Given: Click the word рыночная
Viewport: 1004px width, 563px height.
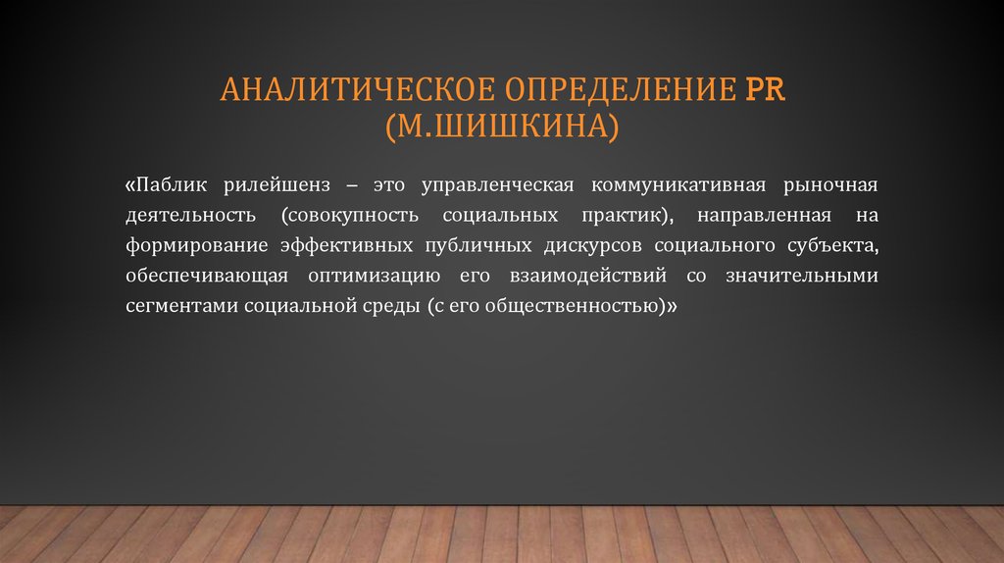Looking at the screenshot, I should pos(831,185).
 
